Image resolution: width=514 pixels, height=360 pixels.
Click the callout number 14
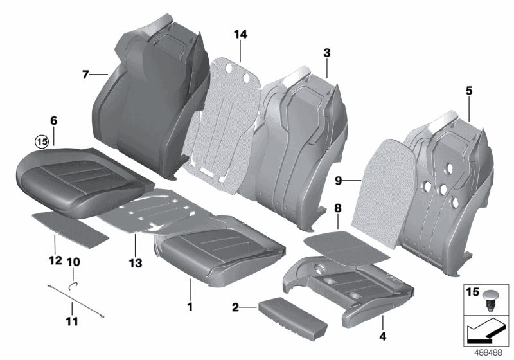pyautogui.click(x=240, y=35)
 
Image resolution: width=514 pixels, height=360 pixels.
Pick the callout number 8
pyautogui.click(x=338, y=209)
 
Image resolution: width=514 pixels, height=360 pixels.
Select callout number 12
pyautogui.click(x=55, y=260)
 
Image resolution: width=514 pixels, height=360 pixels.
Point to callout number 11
pyautogui.click(x=71, y=321)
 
